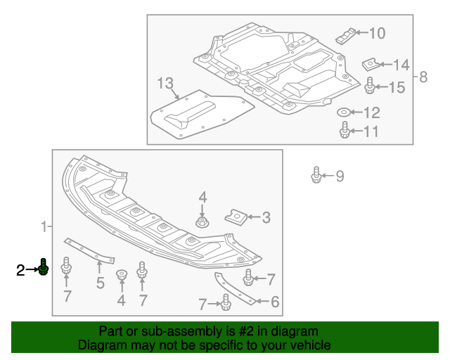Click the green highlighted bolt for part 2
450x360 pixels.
[x=44, y=268]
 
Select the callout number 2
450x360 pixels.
[x=21, y=269]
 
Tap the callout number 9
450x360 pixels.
[x=340, y=176]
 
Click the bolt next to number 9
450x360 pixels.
[x=316, y=174]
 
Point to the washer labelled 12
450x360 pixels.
[x=343, y=112]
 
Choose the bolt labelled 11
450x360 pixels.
[x=345, y=131]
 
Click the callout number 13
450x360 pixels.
[x=165, y=84]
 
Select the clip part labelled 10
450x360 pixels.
[x=345, y=34]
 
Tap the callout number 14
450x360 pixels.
[x=401, y=65]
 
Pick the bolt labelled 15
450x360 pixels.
[x=369, y=86]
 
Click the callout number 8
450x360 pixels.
[x=423, y=77]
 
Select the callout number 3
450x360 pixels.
[x=266, y=218]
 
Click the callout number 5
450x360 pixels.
[x=100, y=283]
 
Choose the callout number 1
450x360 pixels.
[x=44, y=226]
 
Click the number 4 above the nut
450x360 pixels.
[x=202, y=197]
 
